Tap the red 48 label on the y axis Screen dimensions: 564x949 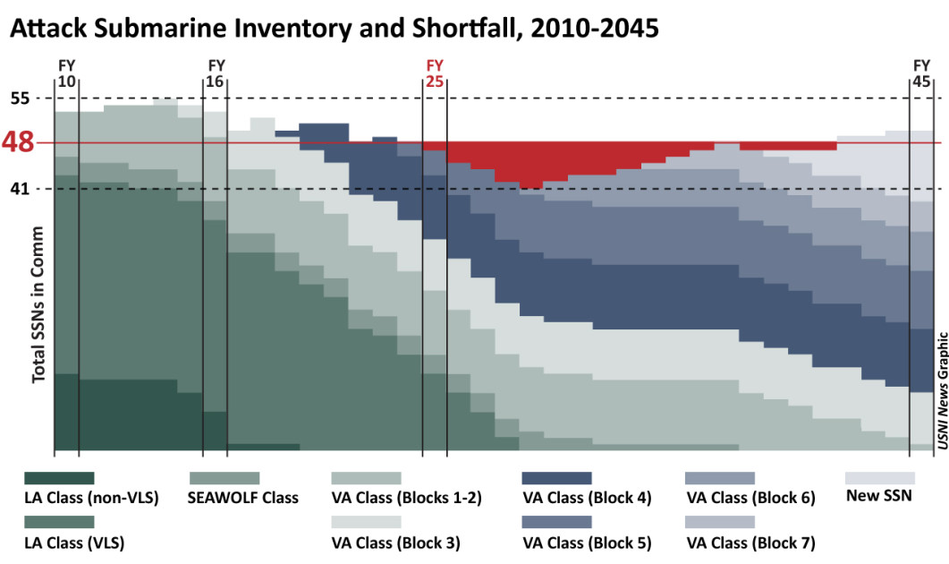(18, 142)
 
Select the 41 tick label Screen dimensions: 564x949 (20, 188)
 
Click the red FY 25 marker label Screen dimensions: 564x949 (435, 73)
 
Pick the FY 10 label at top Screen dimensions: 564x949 (66, 73)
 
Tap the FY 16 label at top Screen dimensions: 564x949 (216, 73)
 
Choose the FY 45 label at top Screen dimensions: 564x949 (921, 73)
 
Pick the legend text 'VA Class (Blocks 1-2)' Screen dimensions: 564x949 (406, 498)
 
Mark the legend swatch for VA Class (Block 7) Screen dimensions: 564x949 (720, 522)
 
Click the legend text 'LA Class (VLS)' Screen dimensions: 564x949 (73, 543)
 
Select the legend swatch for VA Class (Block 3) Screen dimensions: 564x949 (366, 522)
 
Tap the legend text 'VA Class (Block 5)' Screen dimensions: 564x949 (587, 543)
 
